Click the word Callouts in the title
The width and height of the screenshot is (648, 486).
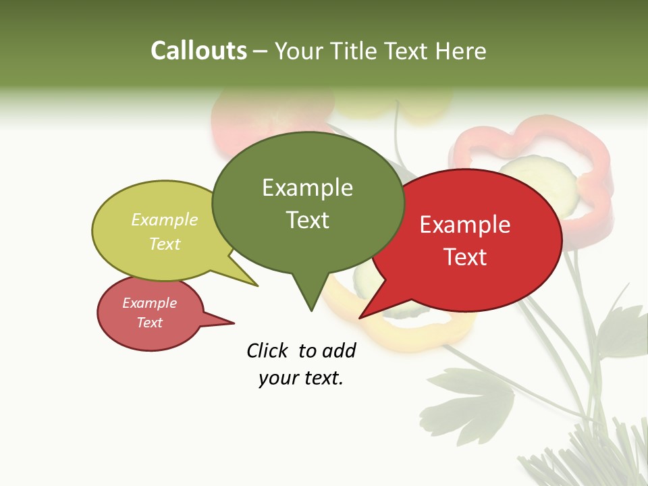(198, 51)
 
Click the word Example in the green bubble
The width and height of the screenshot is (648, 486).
(307, 188)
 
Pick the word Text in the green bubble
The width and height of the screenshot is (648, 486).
(307, 220)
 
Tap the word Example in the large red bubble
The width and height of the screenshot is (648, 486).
(465, 225)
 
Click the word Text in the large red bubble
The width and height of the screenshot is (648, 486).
(465, 257)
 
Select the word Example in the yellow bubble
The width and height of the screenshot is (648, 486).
(165, 220)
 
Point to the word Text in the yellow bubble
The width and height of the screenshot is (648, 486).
(165, 244)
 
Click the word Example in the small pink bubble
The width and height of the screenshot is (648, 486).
(150, 303)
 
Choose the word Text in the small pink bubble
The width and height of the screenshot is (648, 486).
(150, 323)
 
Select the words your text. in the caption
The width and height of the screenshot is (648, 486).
(301, 378)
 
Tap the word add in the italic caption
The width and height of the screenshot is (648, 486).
(339, 351)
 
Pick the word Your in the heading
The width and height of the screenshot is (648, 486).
(301, 51)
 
